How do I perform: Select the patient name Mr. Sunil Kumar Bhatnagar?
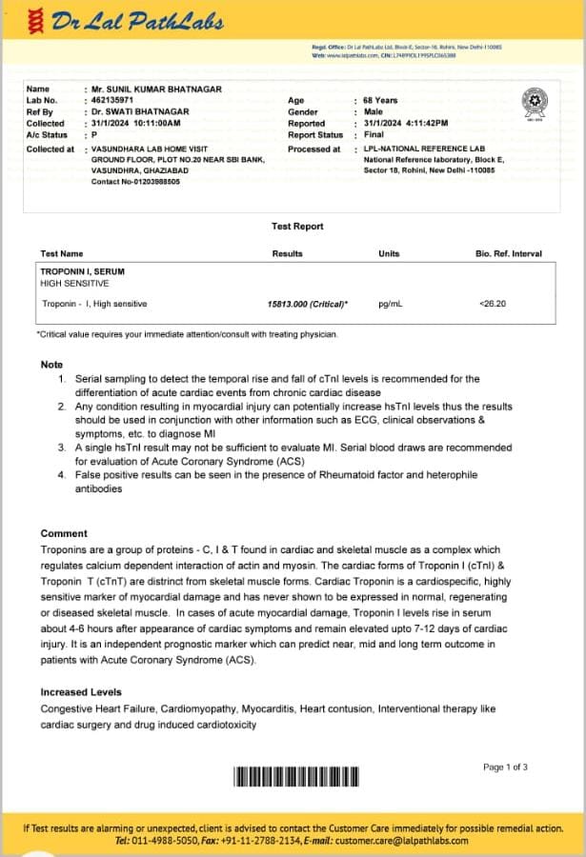[156, 90]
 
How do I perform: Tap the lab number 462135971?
[112, 100]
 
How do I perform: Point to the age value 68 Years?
[380, 100]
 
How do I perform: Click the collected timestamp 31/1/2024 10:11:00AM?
[135, 123]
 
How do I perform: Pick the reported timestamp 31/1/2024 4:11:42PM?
[405, 123]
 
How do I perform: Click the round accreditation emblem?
[531, 102]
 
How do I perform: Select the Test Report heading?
[297, 227]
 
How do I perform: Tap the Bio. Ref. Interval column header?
[508, 254]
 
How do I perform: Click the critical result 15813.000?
[307, 304]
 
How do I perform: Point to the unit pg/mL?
[390, 304]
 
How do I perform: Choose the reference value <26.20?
[493, 304]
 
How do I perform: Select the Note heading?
[51, 365]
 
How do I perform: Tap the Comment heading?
[64, 533]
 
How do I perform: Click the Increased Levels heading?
[81, 692]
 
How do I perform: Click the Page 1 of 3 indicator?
[505, 767]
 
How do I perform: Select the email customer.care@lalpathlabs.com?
[402, 841]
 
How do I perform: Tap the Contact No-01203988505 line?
[135, 182]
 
